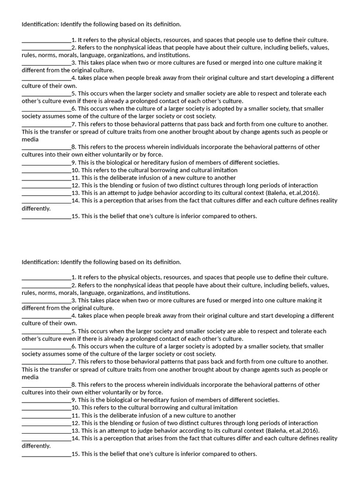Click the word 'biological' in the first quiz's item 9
[x=115, y=163]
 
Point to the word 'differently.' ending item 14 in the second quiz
[x=36, y=446]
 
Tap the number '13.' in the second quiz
[x=75, y=431]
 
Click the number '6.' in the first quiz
[x=74, y=109]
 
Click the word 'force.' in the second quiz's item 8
[x=154, y=392]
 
